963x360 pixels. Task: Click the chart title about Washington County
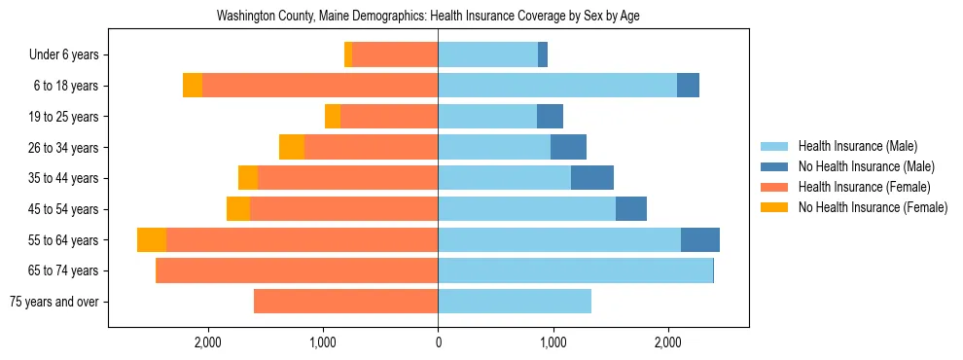(428, 17)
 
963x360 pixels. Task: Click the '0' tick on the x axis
(438, 342)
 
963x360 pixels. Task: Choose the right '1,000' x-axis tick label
(553, 342)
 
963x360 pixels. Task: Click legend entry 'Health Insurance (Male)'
(857, 146)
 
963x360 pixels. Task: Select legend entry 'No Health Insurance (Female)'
(873, 207)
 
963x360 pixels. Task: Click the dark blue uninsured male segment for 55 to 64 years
(700, 240)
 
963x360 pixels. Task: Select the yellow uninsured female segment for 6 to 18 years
(193, 86)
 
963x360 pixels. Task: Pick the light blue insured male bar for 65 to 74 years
(575, 270)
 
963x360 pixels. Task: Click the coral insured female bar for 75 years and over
(345, 302)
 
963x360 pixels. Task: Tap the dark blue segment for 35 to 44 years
(591, 178)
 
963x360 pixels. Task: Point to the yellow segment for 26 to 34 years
(292, 147)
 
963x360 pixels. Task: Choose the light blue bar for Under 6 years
(487, 54)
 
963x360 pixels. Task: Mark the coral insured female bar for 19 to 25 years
(389, 117)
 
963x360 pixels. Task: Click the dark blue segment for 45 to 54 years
(631, 209)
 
